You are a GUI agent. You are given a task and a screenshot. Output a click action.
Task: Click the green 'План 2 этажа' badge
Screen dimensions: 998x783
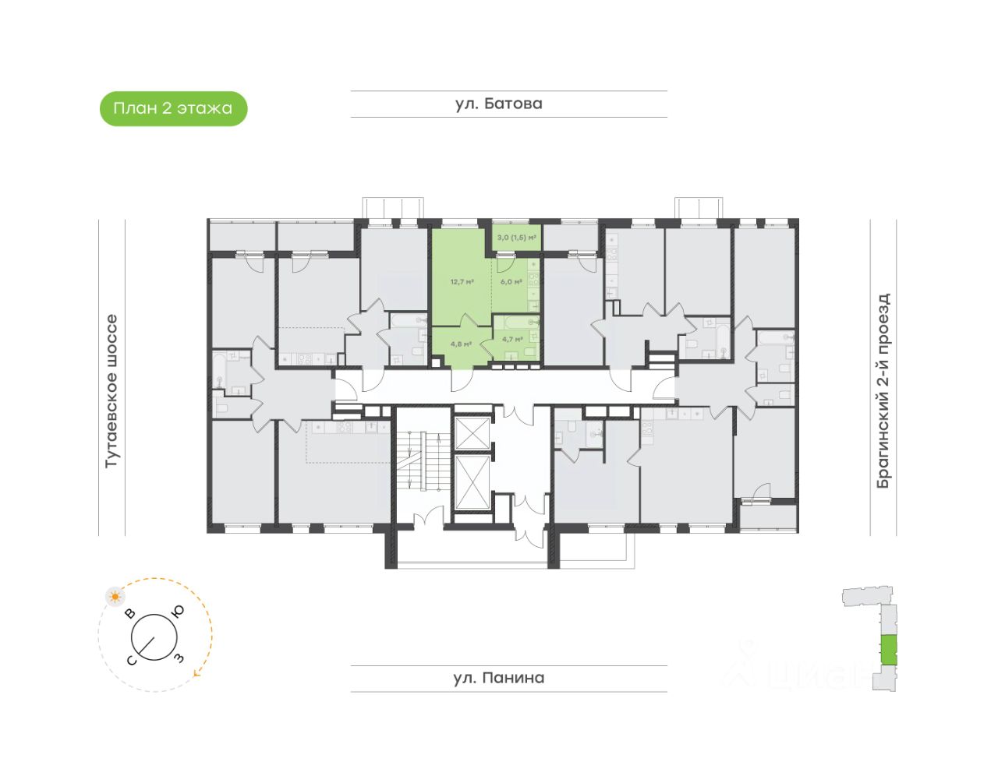173,108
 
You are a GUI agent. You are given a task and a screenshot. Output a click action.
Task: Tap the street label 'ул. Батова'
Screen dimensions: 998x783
498,104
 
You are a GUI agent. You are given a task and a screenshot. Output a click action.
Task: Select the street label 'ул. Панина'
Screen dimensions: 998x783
498,678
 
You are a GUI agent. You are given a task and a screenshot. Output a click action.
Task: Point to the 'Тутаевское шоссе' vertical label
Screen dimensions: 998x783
111,390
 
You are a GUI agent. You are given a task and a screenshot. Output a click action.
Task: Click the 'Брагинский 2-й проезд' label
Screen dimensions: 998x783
883,390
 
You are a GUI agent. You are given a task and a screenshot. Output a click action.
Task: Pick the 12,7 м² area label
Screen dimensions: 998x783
462,282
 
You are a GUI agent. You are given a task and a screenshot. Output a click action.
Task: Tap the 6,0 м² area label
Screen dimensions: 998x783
511,282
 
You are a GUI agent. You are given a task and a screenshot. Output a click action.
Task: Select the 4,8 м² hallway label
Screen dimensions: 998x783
460,344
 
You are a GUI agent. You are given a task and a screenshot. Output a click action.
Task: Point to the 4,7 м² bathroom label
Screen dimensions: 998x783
511,340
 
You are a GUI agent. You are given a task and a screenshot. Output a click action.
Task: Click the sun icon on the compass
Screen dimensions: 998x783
115,597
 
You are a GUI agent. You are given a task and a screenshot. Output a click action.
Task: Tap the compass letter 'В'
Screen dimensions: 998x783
131,613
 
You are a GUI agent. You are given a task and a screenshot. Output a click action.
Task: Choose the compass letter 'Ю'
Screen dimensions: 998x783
178,612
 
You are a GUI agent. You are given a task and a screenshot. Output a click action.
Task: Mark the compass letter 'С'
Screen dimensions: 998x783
132,661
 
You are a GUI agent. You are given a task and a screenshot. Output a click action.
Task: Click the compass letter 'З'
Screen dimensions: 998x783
179,658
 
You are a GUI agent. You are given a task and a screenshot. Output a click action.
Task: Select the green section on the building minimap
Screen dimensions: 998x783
888,650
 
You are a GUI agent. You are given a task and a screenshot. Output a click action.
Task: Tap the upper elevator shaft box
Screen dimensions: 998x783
472,433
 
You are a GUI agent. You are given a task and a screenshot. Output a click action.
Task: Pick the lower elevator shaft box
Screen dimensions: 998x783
472,481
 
